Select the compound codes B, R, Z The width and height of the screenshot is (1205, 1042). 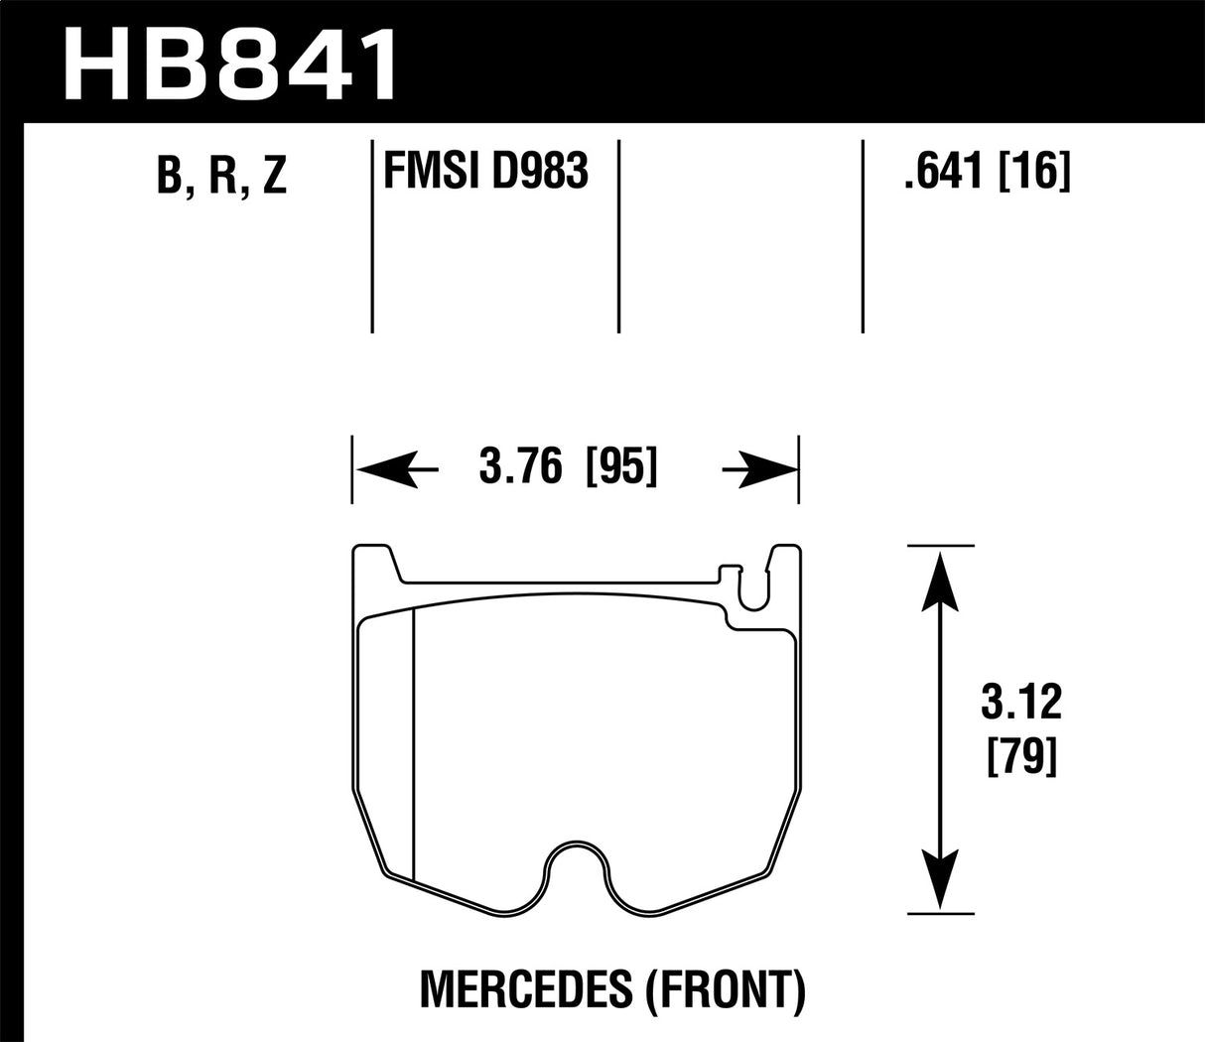(x=221, y=176)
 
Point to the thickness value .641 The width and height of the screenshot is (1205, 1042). (x=939, y=174)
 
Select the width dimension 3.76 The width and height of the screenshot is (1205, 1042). (x=520, y=465)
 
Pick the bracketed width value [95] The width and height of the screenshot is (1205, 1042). (x=622, y=465)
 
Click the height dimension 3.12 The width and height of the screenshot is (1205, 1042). (x=1021, y=704)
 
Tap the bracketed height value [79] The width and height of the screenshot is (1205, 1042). (x=1021, y=760)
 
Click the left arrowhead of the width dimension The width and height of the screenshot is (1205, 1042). (x=377, y=467)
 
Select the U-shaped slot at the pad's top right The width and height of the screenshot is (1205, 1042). (x=754, y=590)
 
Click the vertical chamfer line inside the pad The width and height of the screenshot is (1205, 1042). (x=412, y=744)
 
